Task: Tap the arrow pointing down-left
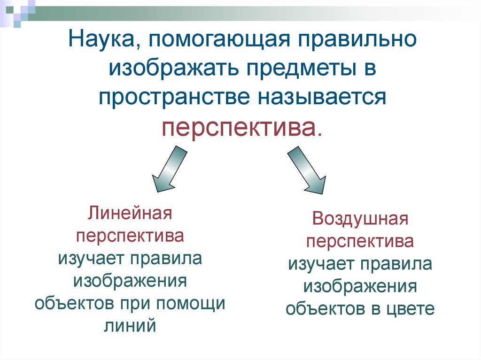168,169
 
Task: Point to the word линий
130,325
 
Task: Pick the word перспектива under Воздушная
360,242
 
